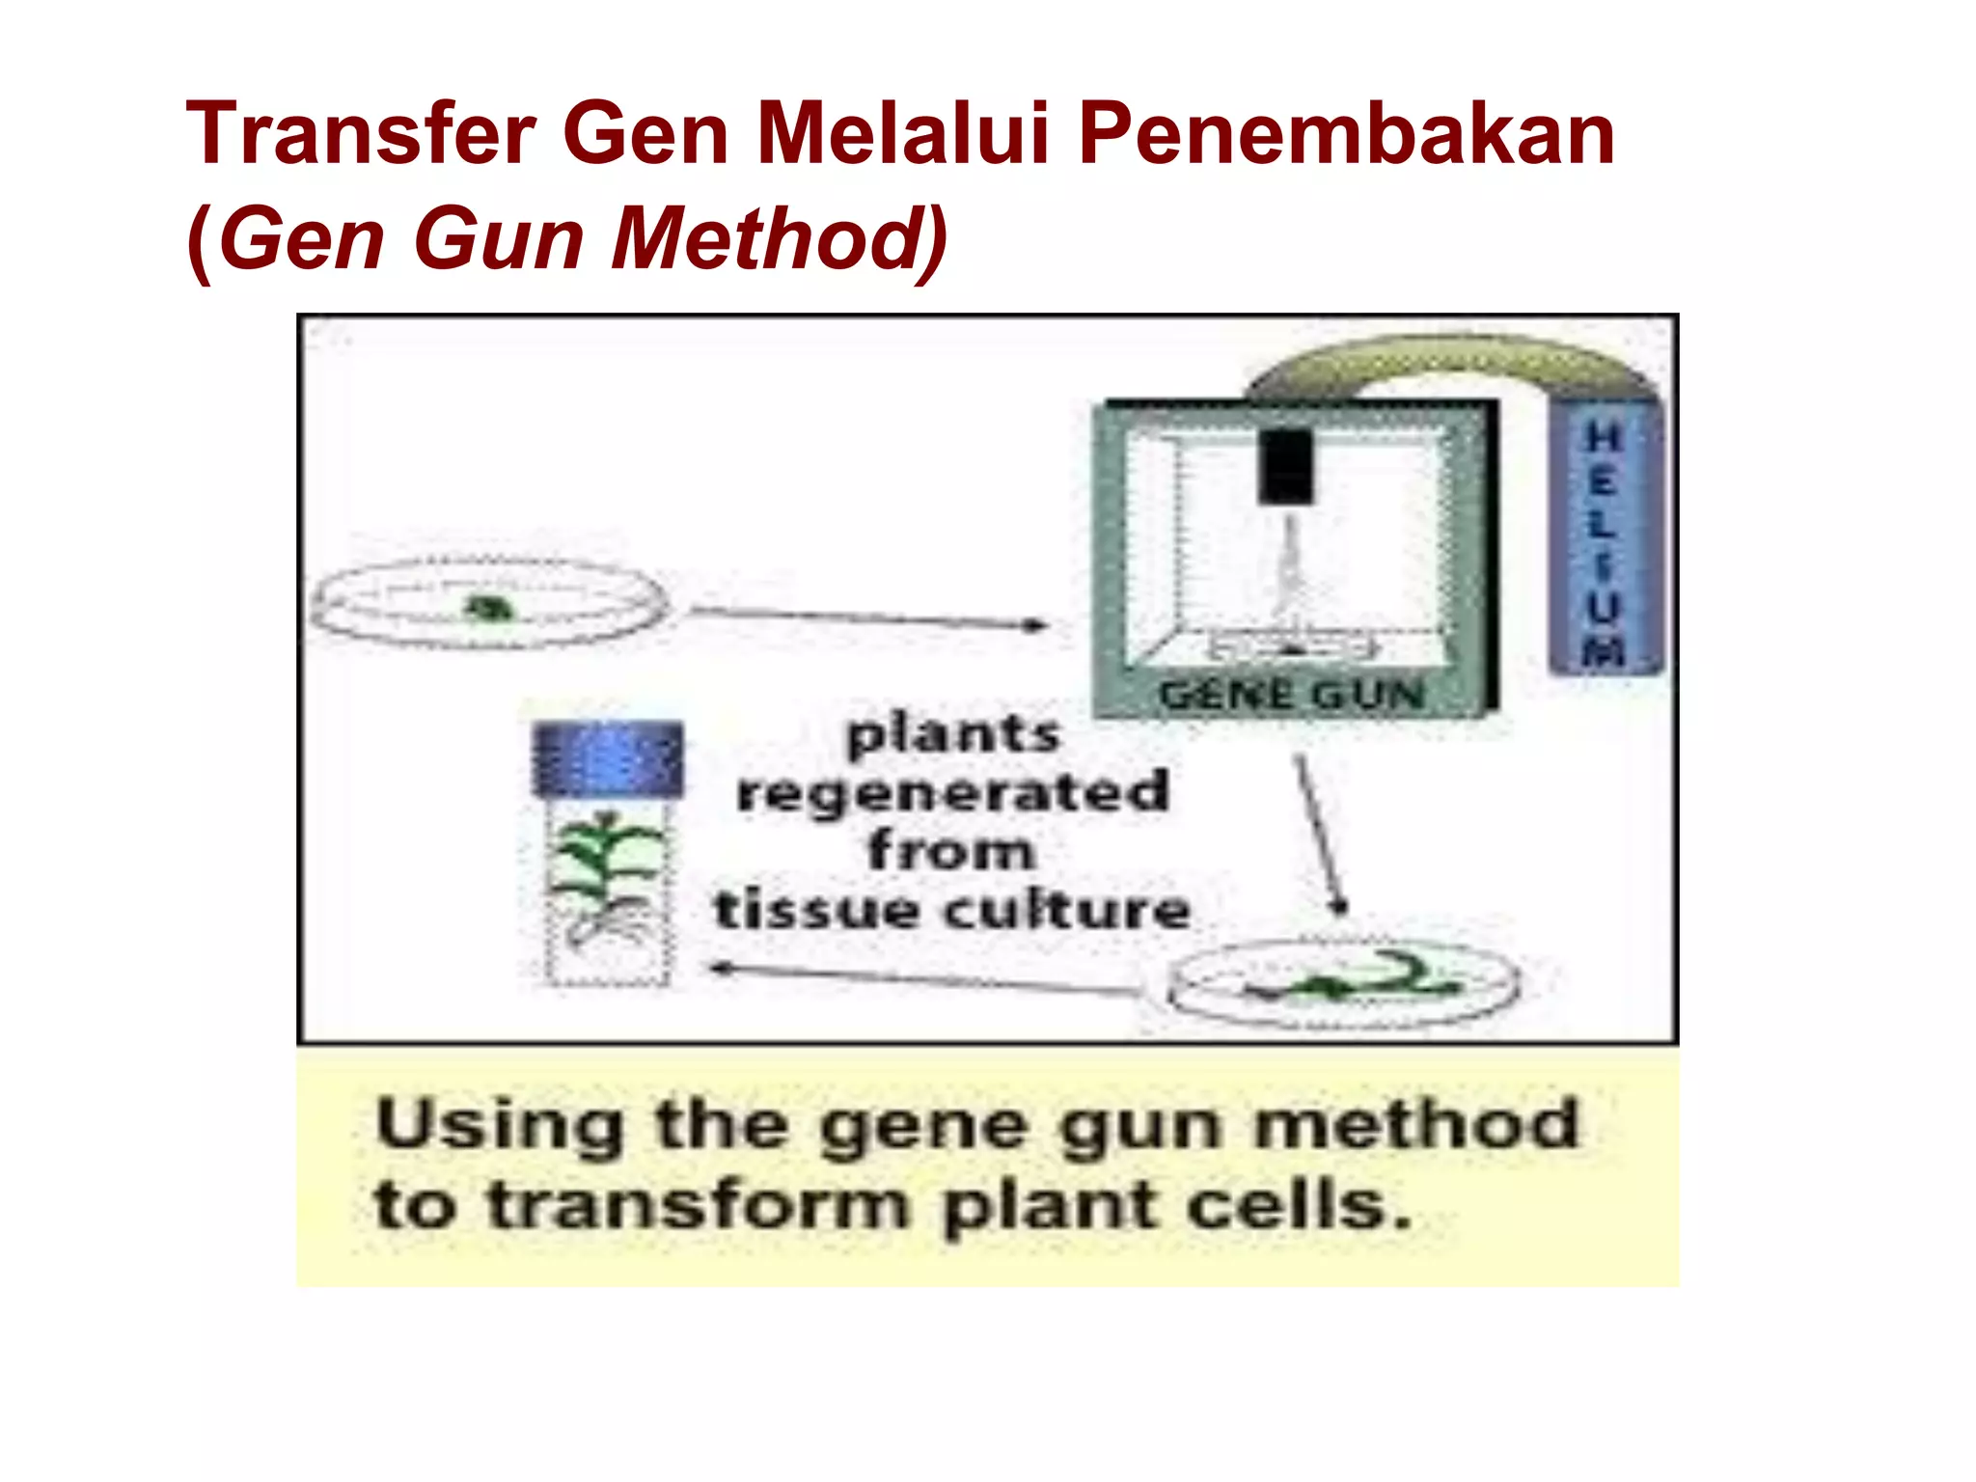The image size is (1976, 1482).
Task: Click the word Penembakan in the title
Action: tap(1346, 135)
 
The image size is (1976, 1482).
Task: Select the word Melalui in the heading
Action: tap(902, 135)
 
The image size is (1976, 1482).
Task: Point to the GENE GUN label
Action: tap(1291, 695)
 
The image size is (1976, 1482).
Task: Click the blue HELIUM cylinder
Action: tap(1605, 540)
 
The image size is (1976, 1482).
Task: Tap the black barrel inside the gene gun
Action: tap(1286, 466)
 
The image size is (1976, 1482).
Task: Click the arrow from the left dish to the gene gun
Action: tap(868, 618)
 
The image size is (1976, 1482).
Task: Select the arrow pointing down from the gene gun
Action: tap(1319, 835)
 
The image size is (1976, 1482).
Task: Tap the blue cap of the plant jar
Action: tap(608, 757)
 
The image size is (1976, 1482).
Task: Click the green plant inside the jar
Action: tap(604, 859)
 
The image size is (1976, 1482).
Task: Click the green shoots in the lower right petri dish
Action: tap(1351, 979)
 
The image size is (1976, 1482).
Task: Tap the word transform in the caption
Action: tap(699, 1206)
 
